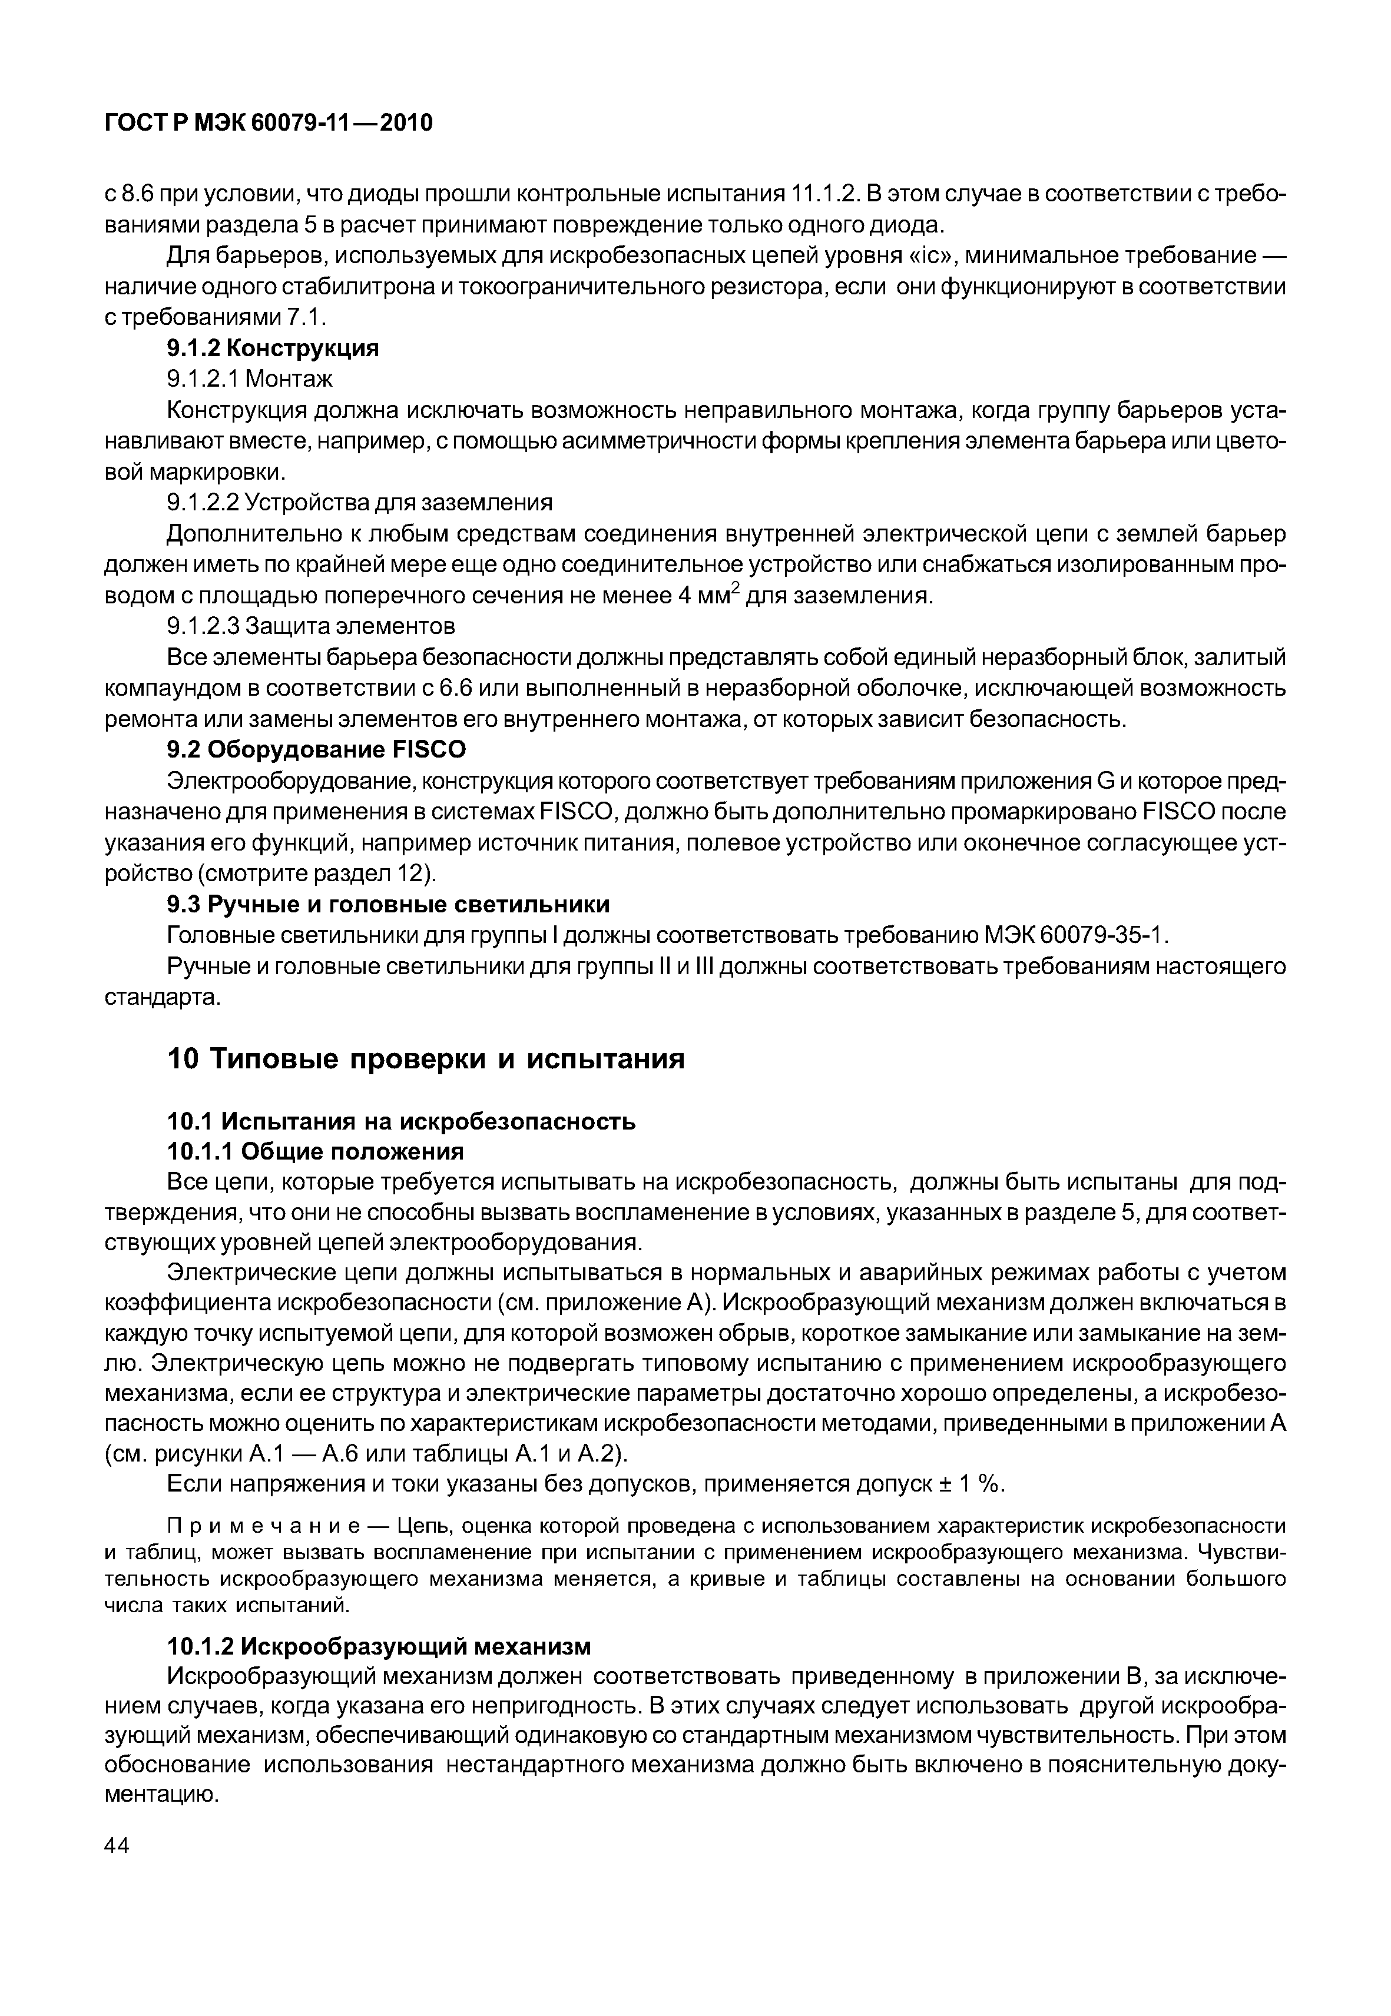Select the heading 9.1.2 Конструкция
point(273,348)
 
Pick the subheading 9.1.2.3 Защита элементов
point(310,626)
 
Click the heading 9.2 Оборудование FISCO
point(316,750)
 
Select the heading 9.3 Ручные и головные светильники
point(388,904)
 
